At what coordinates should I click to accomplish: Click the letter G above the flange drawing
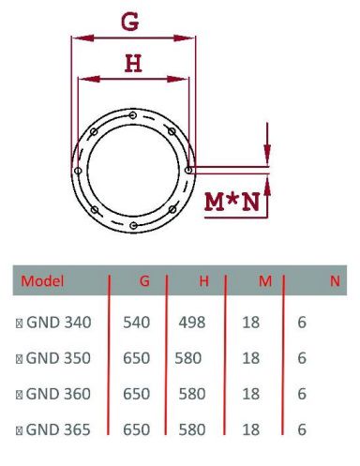130,21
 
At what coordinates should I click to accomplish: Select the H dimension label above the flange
133,63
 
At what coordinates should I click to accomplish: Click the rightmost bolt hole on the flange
189,170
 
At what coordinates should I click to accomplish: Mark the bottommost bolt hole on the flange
135,226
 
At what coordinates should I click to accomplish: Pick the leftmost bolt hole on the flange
82,172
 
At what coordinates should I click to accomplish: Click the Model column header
43,281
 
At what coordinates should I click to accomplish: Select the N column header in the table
335,280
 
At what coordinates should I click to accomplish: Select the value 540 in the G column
137,323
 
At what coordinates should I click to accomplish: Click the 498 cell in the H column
192,323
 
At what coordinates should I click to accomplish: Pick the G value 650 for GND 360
137,395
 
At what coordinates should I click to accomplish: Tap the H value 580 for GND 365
191,430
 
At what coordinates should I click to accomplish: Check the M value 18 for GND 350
250,358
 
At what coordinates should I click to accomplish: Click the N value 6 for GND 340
302,323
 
